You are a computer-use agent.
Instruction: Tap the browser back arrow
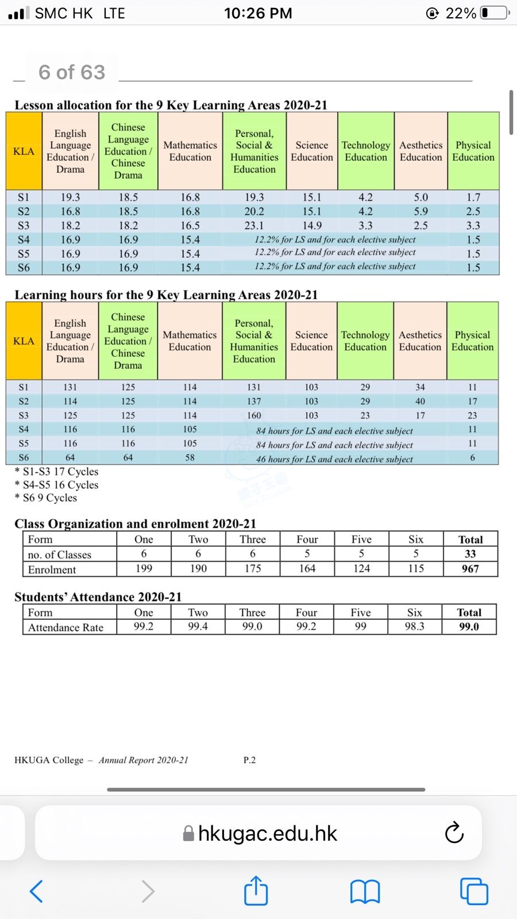pyautogui.click(x=36, y=891)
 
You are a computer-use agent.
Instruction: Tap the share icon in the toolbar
pyautogui.click(x=256, y=891)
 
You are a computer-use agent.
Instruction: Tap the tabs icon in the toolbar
pyautogui.click(x=474, y=891)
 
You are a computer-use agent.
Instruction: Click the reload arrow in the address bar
pyautogui.click(x=454, y=832)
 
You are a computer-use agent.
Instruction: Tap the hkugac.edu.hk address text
pyautogui.click(x=267, y=833)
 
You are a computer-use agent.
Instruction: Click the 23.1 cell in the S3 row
pyautogui.click(x=254, y=226)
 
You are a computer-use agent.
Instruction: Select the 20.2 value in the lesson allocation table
pyautogui.click(x=254, y=211)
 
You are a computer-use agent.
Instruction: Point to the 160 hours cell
pyautogui.click(x=253, y=415)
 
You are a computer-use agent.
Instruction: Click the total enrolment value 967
pyautogui.click(x=470, y=569)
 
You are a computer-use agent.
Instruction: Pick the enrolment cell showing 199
pyautogui.click(x=144, y=569)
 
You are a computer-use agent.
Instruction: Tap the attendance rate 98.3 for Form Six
pyautogui.click(x=414, y=626)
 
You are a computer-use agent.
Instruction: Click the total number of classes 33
pyautogui.click(x=470, y=554)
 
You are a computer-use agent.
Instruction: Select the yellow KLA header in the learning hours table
pyautogui.click(x=24, y=341)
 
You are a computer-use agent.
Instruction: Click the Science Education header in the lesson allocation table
pyautogui.click(x=311, y=151)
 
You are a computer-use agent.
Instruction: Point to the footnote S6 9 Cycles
pyautogui.click(x=49, y=498)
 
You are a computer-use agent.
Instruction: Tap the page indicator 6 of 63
pyautogui.click(x=72, y=72)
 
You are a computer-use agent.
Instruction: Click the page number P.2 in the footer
pyautogui.click(x=249, y=760)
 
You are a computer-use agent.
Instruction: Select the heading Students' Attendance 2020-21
pyautogui.click(x=98, y=597)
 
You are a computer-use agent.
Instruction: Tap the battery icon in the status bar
pyautogui.click(x=495, y=13)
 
